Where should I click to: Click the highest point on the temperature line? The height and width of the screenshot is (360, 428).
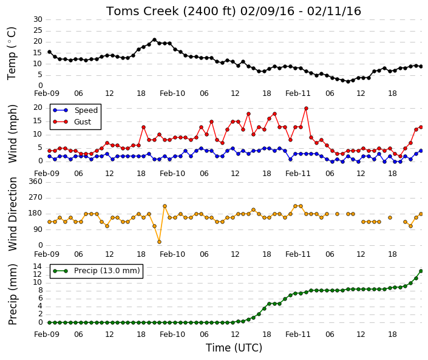click(x=154, y=40)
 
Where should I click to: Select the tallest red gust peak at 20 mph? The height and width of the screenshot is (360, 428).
click(x=306, y=108)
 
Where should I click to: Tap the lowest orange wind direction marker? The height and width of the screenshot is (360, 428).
click(x=160, y=242)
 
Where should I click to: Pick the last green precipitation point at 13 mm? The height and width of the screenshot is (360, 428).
click(x=421, y=271)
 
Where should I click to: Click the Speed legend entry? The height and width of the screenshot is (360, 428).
click(x=75, y=110)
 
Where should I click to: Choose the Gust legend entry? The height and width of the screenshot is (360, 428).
click(x=72, y=122)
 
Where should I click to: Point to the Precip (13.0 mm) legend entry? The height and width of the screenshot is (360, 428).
click(x=97, y=271)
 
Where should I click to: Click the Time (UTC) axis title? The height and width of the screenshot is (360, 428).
click(x=234, y=348)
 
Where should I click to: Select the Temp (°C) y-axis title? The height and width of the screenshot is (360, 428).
click(x=12, y=53)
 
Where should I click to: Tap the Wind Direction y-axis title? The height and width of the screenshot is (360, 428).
click(x=13, y=214)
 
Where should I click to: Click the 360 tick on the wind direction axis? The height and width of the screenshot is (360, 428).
click(x=36, y=182)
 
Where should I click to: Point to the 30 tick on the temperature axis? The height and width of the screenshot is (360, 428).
click(x=38, y=19)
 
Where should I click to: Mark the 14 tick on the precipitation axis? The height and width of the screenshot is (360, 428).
click(x=38, y=267)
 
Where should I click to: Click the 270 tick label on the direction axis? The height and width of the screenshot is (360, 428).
click(x=36, y=197)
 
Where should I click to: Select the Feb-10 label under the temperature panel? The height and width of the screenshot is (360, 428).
click(x=172, y=93)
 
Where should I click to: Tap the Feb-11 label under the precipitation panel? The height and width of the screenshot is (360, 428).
click(x=298, y=335)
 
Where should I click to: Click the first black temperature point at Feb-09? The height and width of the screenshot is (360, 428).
click(x=49, y=52)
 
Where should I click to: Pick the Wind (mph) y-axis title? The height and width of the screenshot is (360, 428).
click(x=13, y=134)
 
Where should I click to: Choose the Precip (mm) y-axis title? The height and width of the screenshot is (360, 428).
click(x=13, y=294)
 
